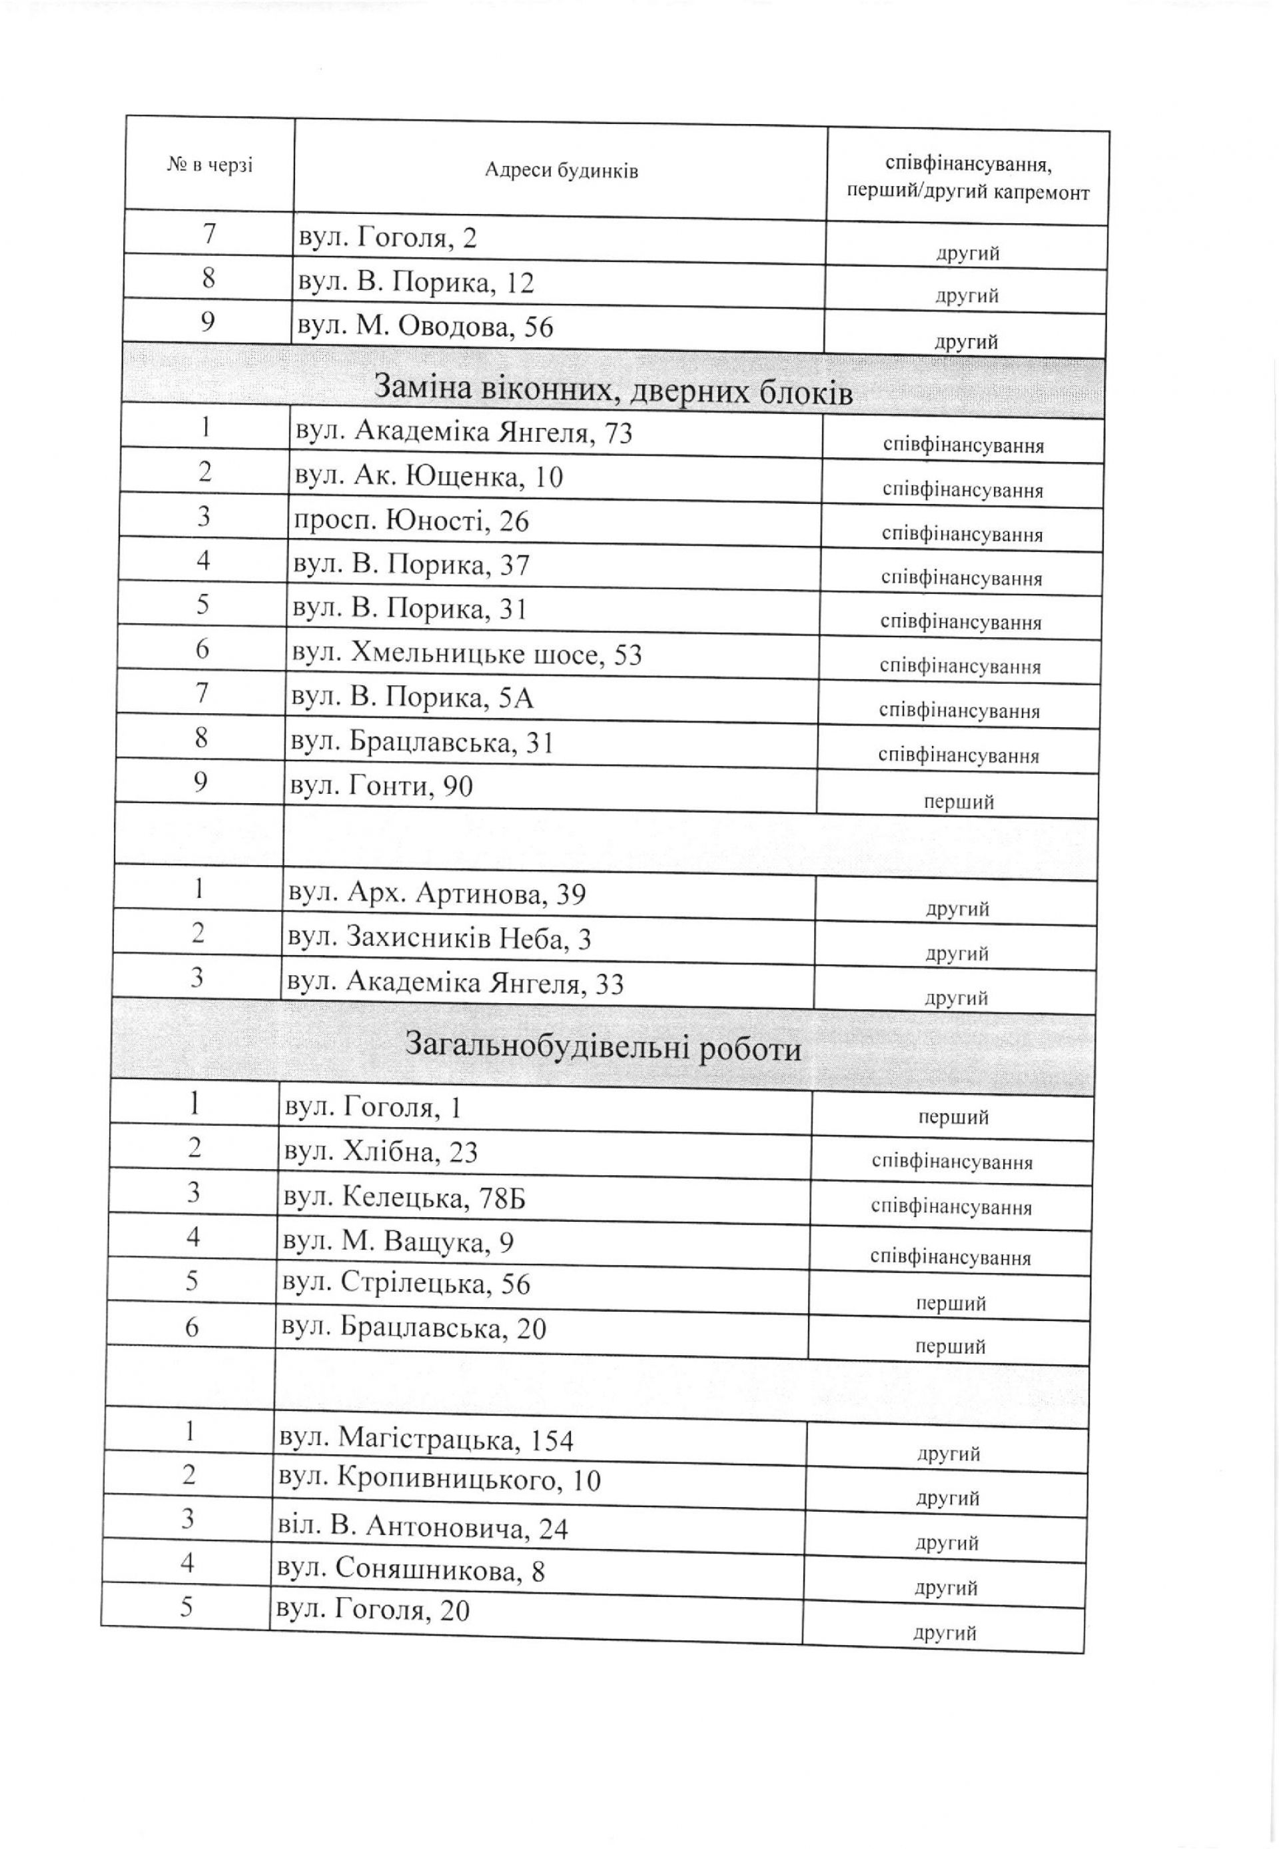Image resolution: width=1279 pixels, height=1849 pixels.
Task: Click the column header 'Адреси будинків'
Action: click(560, 171)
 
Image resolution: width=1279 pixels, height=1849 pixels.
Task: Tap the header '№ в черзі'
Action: click(209, 166)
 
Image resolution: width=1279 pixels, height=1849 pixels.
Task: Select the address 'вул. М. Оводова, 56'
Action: click(425, 327)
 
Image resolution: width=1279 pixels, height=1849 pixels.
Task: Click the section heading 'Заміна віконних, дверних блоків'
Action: click(613, 391)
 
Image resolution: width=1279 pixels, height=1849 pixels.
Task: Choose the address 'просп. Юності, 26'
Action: click(412, 521)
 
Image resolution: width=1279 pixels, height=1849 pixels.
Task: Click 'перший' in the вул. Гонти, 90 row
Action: click(959, 801)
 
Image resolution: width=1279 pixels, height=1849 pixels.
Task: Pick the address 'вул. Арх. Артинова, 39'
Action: click(436, 894)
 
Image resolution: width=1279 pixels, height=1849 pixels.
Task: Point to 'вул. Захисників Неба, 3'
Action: click(438, 938)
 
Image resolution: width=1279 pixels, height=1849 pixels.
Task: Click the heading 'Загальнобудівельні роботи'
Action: click(603, 1047)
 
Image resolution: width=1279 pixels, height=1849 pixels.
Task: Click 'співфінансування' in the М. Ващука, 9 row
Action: click(951, 1257)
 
